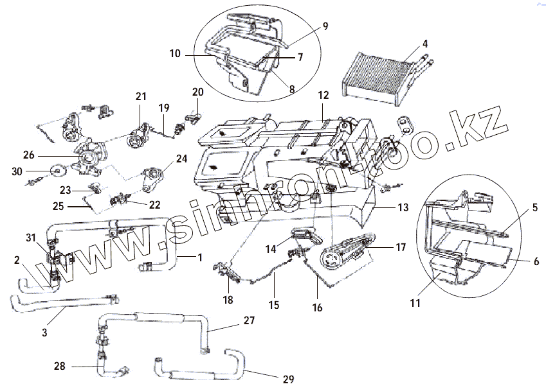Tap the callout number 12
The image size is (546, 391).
pos(323,95)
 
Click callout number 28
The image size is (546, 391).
pos(60,367)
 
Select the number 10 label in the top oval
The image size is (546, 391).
pos(174,55)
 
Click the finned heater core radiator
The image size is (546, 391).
pos(376,72)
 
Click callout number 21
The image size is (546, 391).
pos(141,96)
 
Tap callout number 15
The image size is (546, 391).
pos(274,306)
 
